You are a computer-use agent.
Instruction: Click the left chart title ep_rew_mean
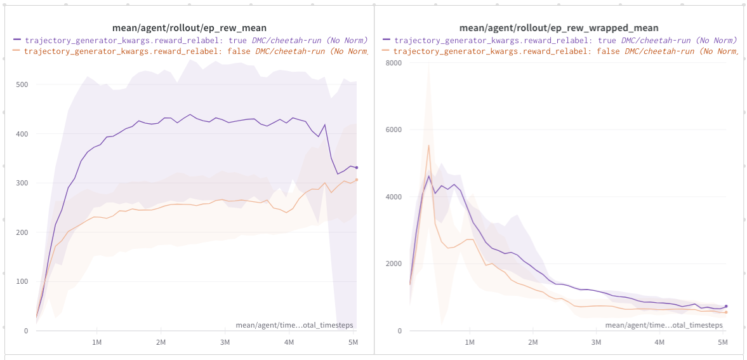pyautogui.click(x=189, y=28)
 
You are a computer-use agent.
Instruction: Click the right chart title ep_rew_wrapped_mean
pyautogui.click(x=559, y=28)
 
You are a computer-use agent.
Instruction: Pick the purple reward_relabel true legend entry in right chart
pyautogui.click(x=559, y=40)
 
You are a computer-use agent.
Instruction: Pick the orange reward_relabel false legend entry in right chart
pyautogui.click(x=559, y=51)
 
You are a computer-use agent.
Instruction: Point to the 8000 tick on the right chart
pyautogui.click(x=394, y=63)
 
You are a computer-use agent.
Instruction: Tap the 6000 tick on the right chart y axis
pyautogui.click(x=394, y=130)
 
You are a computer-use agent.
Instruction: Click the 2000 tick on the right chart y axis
pyautogui.click(x=394, y=264)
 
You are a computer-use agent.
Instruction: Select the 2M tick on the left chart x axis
pyautogui.click(x=161, y=342)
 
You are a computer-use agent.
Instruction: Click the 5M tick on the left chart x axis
pyautogui.click(x=354, y=342)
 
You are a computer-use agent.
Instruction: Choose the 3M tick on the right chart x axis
pyautogui.click(x=596, y=342)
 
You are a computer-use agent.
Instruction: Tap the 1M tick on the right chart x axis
pyautogui.click(x=470, y=342)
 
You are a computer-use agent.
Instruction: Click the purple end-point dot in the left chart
pyautogui.click(x=357, y=168)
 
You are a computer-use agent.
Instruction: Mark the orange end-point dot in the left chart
pyautogui.click(x=357, y=180)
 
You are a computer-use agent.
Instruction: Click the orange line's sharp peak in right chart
pyautogui.click(x=428, y=145)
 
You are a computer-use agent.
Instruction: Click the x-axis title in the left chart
pyautogui.click(x=294, y=325)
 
